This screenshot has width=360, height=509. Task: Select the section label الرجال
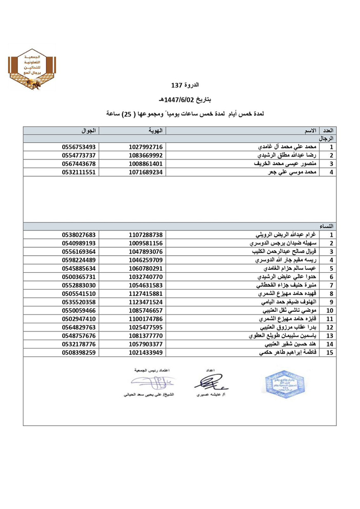point(327,139)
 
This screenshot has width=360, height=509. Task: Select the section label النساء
point(327,226)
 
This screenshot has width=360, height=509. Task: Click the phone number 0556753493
point(79,147)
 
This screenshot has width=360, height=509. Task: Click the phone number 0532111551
point(79,172)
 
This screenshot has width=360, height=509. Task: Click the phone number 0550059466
point(79,311)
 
